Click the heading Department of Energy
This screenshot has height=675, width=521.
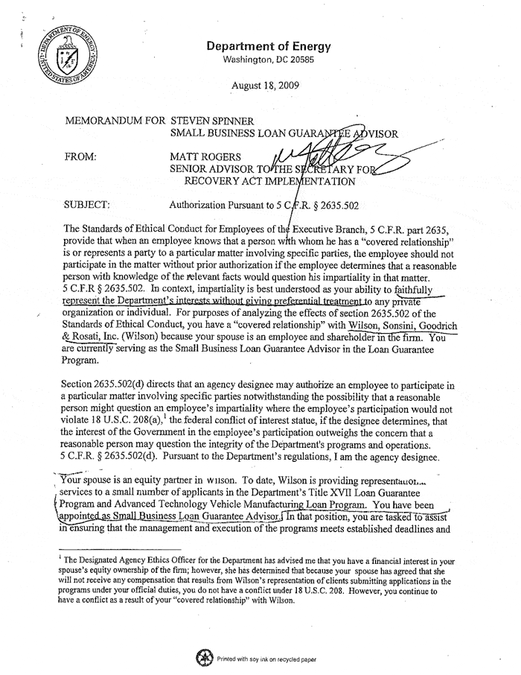tap(269, 46)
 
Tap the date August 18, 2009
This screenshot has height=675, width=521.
tap(266, 85)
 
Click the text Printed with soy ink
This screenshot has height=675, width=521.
tap(249, 658)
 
